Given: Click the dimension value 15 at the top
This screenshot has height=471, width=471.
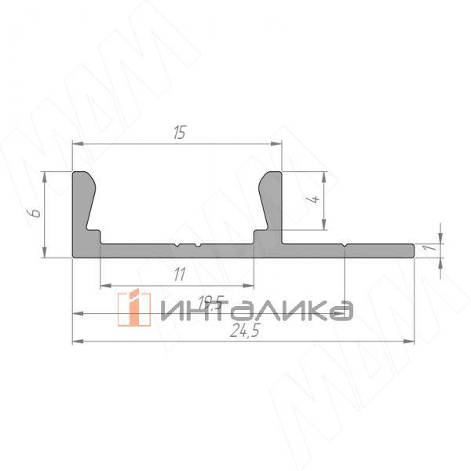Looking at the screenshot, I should click(x=179, y=133).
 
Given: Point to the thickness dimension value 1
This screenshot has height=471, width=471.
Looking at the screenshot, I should click(x=427, y=249).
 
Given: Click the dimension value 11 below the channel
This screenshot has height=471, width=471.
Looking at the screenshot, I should click(x=178, y=274).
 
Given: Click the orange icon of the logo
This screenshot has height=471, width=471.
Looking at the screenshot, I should click(x=134, y=308).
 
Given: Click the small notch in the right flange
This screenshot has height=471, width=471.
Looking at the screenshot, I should click(x=345, y=246).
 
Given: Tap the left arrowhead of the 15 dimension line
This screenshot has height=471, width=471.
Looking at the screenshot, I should click(x=77, y=144).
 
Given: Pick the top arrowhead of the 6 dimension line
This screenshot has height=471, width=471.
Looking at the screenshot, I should click(x=46, y=176).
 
